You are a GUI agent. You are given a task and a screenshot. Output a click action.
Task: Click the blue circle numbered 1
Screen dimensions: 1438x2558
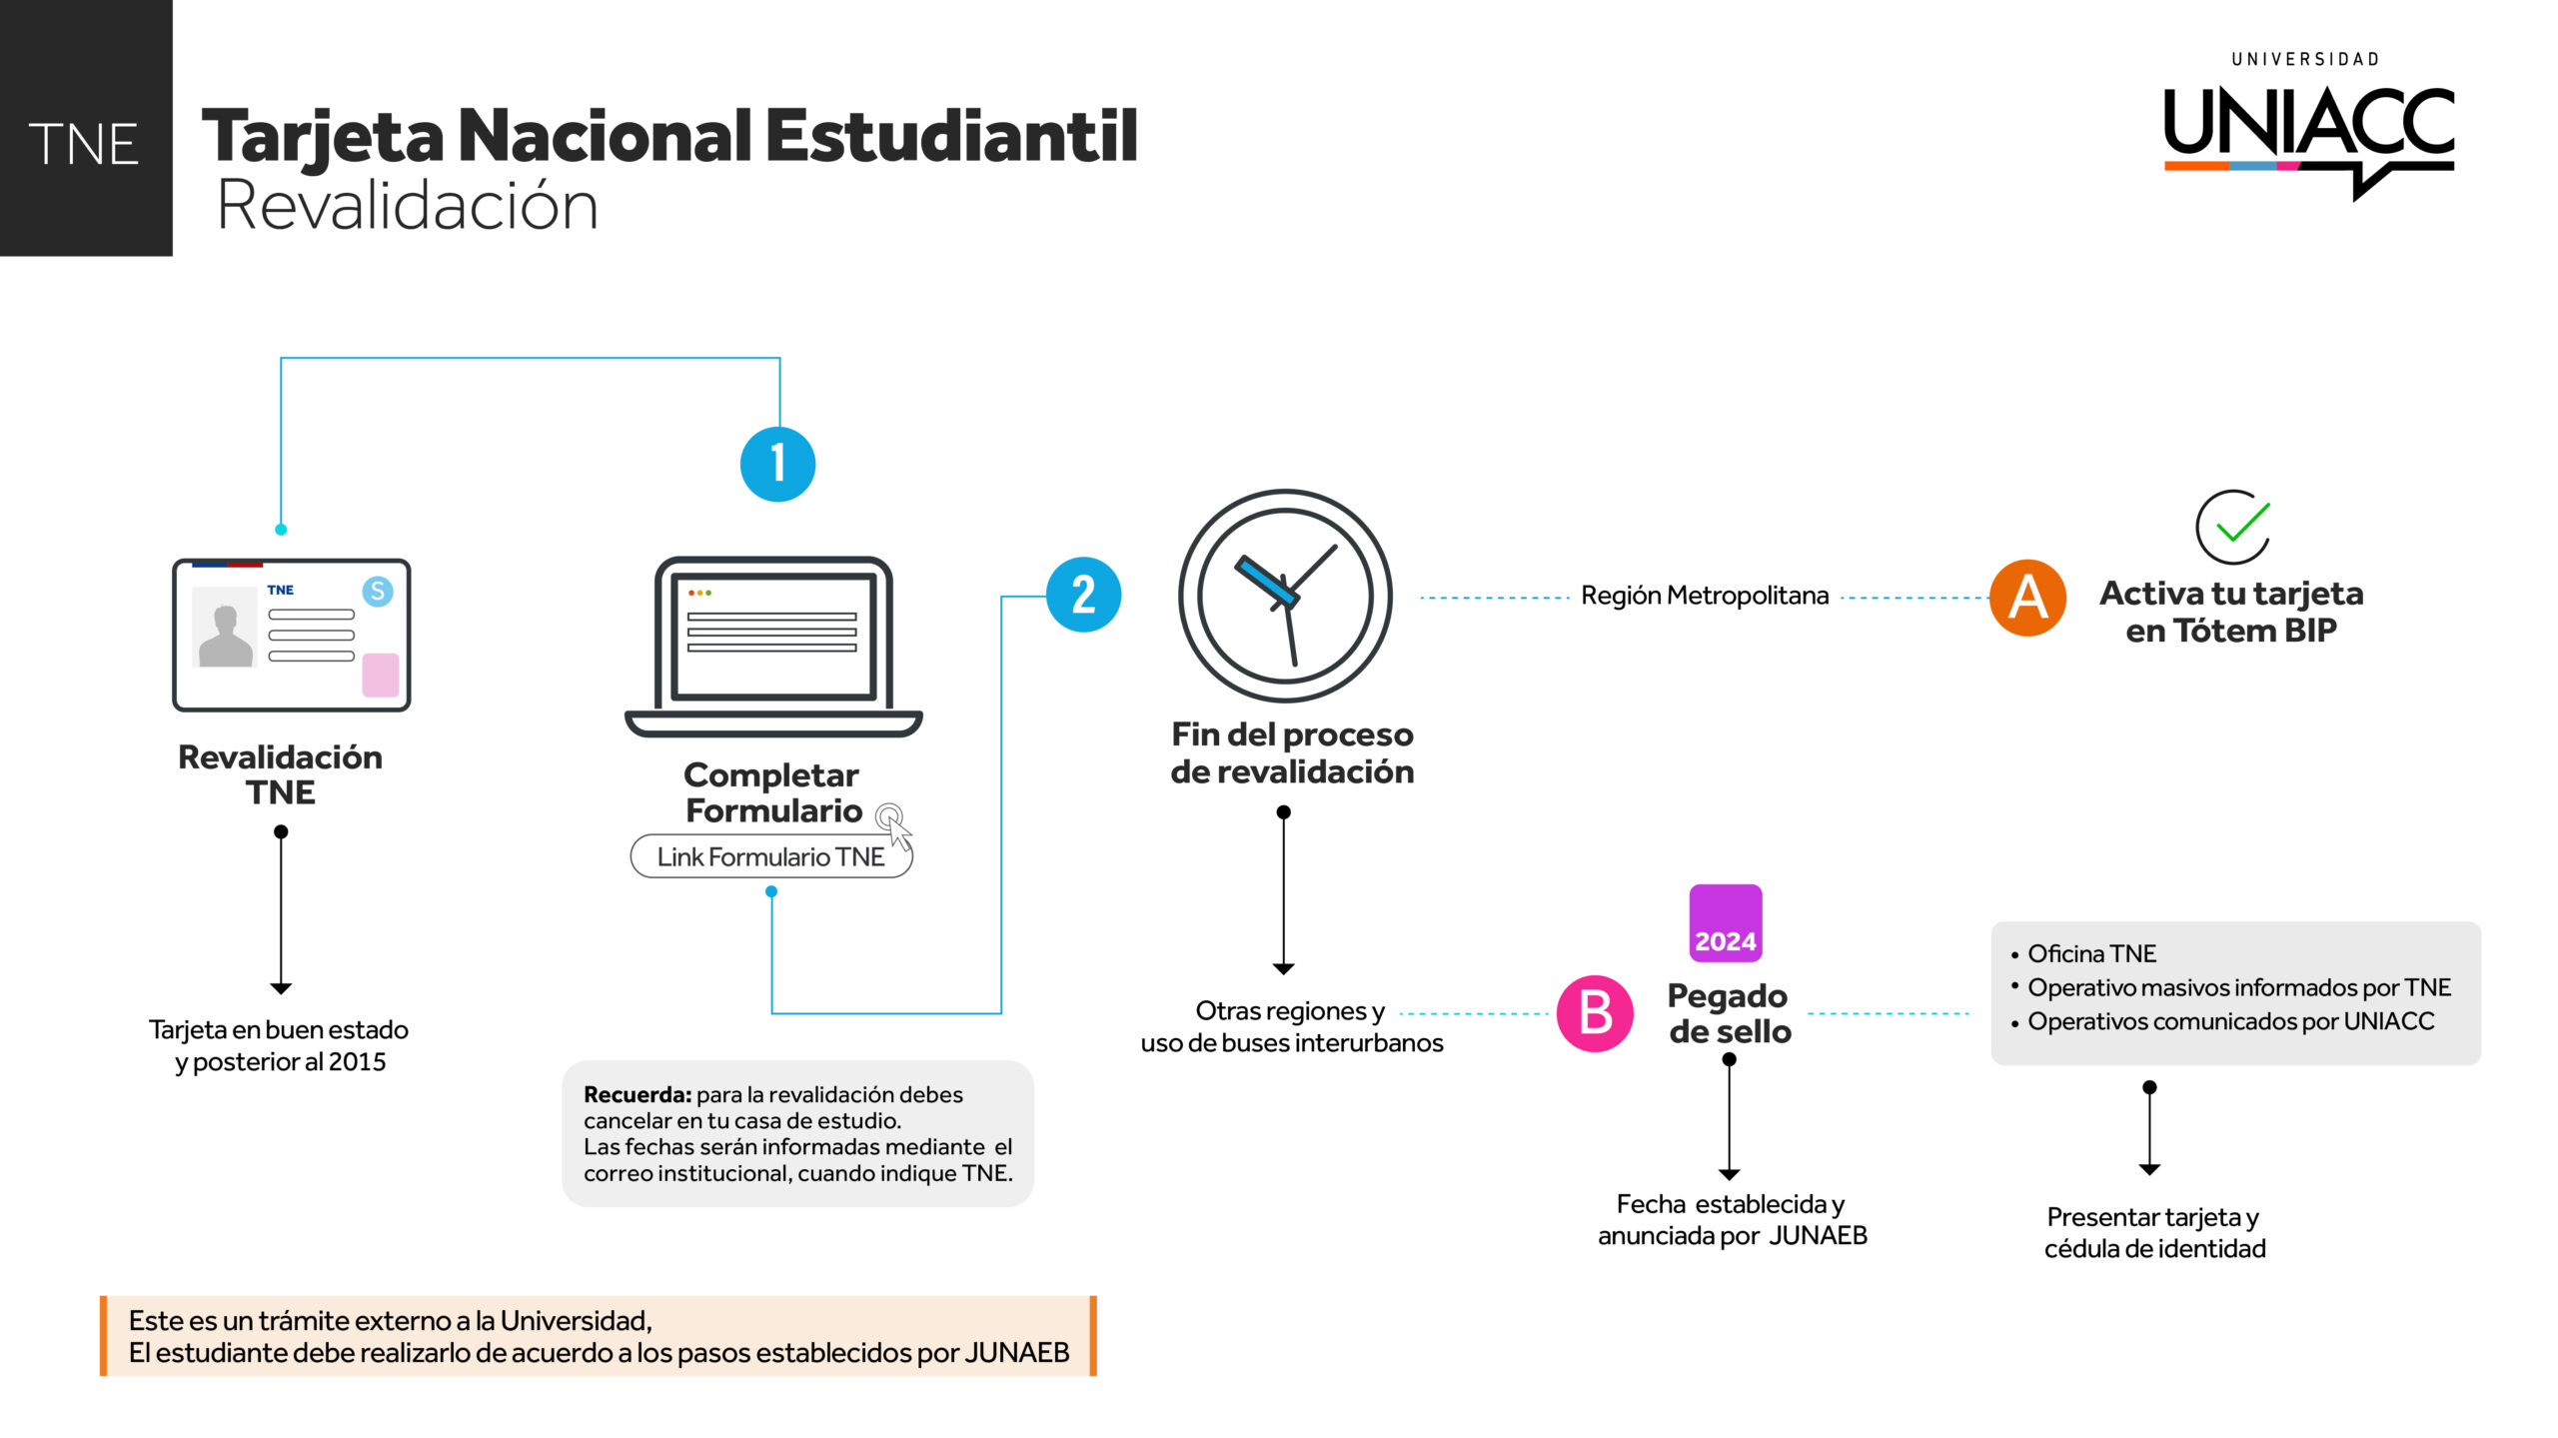[x=777, y=465]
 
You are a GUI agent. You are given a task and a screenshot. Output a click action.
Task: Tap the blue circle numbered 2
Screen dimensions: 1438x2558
[x=1083, y=595]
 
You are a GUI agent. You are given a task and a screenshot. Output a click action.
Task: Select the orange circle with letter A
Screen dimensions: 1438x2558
[x=2027, y=598]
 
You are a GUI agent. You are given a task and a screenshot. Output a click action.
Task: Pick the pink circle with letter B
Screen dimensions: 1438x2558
[x=1595, y=1013]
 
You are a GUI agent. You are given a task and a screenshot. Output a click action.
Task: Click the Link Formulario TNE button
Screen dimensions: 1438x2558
[x=770, y=857]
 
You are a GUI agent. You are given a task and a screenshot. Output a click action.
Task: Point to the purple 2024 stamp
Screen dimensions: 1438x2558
[x=1725, y=923]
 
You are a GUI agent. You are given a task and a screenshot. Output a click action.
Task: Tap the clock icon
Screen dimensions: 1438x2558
[x=1285, y=596]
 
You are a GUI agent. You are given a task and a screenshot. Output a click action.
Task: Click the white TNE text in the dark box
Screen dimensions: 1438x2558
[x=84, y=145]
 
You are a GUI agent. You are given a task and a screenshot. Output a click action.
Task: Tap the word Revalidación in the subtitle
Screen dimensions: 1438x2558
[x=408, y=206]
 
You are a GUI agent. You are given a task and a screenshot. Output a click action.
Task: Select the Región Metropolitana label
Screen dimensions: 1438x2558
[x=1705, y=597]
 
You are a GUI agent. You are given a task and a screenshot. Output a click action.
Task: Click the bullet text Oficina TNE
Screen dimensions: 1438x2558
[x=2091, y=954]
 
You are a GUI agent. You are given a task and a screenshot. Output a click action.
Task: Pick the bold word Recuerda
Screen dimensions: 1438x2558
[x=637, y=1095]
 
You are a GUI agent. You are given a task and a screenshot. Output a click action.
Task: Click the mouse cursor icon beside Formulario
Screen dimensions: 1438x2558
[x=894, y=826]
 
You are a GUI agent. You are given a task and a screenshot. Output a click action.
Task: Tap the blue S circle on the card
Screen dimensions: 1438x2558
[x=378, y=592]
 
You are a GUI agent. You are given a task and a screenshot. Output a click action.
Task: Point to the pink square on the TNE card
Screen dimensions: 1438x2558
[x=380, y=675]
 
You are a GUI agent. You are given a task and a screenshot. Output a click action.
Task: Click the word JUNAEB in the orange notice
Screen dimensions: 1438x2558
[x=1016, y=1353]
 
